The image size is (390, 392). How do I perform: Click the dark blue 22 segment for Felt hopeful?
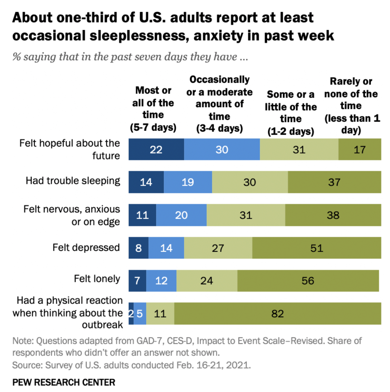point(156,149)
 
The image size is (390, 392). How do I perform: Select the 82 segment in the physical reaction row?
point(277,313)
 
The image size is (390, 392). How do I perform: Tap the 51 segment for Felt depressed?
point(317,248)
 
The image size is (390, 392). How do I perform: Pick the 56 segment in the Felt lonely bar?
point(308,281)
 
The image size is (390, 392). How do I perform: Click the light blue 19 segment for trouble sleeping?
point(188,182)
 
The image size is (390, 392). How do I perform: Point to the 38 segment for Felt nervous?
point(333,215)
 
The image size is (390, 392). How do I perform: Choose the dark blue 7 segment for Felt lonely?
point(137,281)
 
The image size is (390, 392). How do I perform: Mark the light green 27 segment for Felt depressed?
point(218,248)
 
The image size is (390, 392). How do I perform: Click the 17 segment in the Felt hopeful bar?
point(360,149)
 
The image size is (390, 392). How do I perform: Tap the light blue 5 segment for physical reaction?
point(140,313)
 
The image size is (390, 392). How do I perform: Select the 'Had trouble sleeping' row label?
point(73,181)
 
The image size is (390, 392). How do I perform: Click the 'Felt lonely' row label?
point(97,279)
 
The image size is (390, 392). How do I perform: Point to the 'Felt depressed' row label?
point(86,247)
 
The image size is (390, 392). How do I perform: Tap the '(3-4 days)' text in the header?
point(219,128)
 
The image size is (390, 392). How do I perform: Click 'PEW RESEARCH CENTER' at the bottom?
point(64,382)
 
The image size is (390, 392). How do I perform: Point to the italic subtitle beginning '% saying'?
point(130,57)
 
